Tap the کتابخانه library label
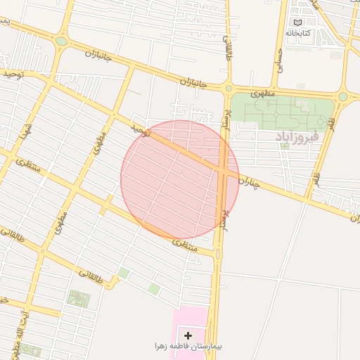tap(298, 33)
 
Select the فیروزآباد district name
tap(297, 134)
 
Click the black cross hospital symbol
tap(188, 335)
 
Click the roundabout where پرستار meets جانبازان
tap(229, 89)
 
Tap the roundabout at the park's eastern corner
tap(342, 96)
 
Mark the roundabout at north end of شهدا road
tap(62, 41)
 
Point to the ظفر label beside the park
tap(329, 127)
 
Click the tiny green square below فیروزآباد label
tap(284, 146)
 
